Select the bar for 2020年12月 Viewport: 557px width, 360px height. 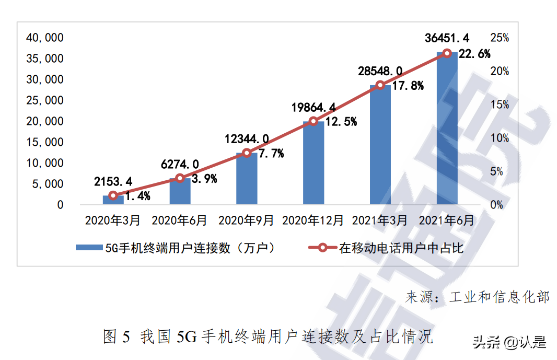coord(314,162)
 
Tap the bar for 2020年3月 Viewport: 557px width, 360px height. coord(113,200)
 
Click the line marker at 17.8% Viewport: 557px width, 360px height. coord(380,85)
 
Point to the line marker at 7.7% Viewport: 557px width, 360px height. coord(247,153)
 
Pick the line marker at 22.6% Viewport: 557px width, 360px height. coord(447,53)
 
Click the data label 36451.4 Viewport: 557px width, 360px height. coord(447,38)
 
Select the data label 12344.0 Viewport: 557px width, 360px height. coord(247,139)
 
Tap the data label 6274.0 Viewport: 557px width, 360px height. coord(180,164)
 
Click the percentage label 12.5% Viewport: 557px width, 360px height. coord(340,122)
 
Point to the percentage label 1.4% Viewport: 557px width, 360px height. coord(137,196)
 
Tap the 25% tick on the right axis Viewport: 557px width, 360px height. coord(500,38)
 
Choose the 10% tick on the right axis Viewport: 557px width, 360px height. coord(500,138)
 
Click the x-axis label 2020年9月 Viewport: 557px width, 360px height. coord(246,220)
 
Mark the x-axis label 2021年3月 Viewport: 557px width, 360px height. coord(380,220)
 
